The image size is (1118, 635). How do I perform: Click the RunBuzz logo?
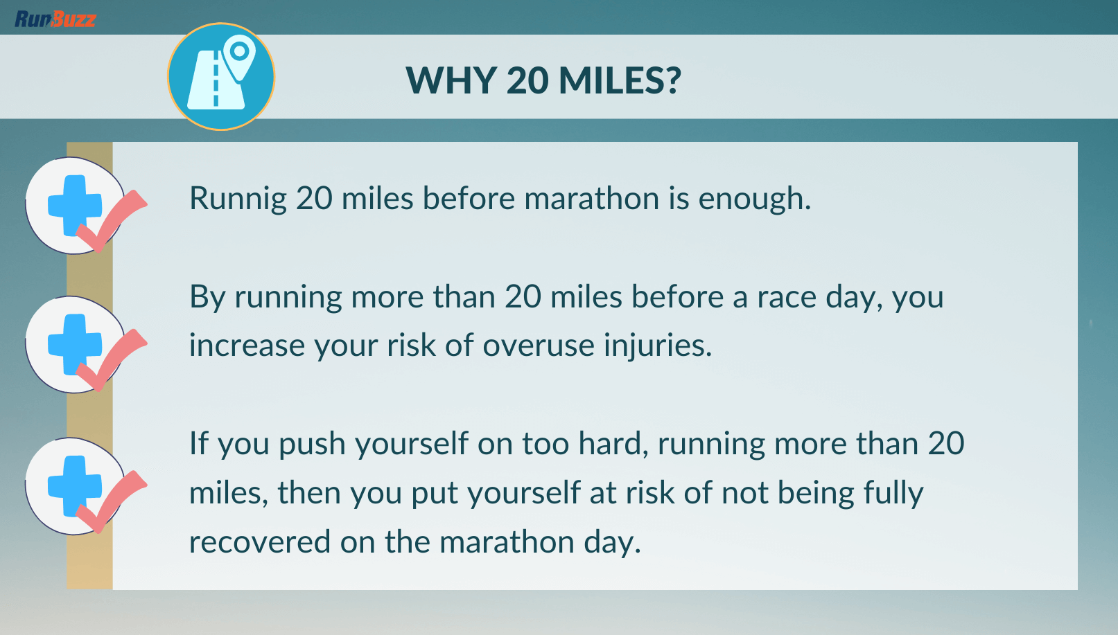(55, 19)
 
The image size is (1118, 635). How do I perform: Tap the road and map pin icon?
(221, 76)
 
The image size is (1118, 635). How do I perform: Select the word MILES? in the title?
(620, 80)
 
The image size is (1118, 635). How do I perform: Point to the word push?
(312, 444)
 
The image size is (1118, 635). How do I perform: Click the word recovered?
(259, 542)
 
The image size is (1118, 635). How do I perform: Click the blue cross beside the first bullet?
(75, 205)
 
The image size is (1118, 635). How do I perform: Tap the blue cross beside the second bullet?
(75, 344)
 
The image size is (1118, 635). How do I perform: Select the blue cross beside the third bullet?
(75, 486)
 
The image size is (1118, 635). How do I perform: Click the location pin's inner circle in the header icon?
(240, 51)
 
